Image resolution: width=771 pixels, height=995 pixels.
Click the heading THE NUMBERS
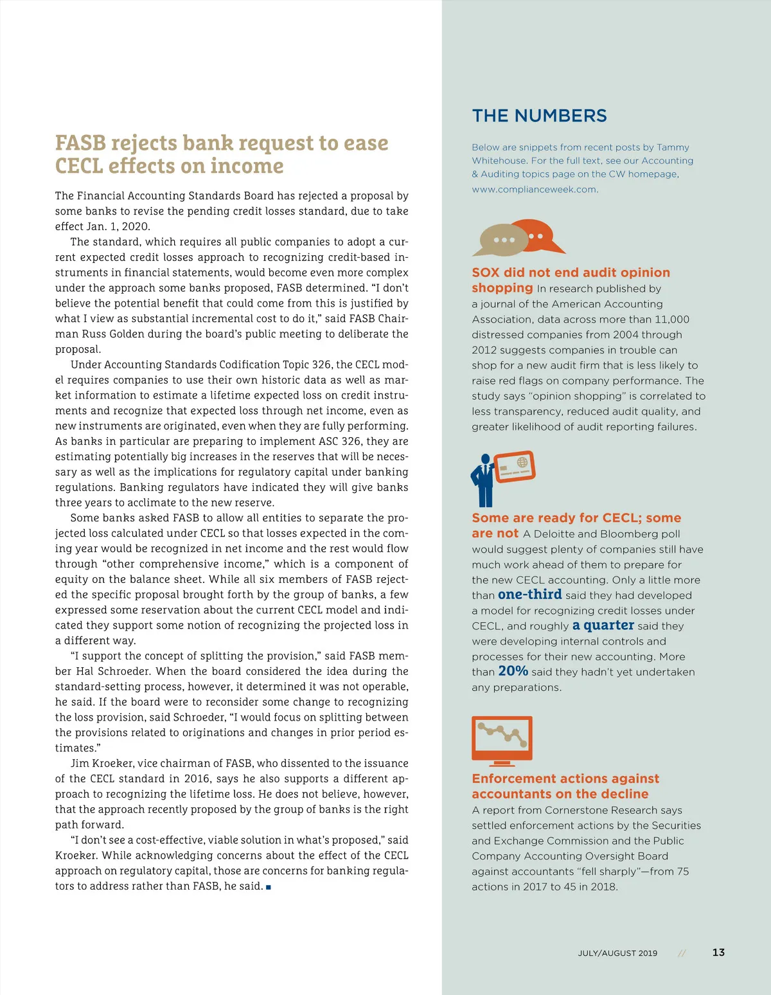coord(539,116)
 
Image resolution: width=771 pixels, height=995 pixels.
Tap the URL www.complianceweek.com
coord(535,190)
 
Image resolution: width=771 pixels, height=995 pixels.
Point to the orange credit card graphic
coord(515,467)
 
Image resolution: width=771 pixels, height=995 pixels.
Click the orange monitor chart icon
coord(502,740)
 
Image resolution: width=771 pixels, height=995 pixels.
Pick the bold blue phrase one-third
coord(529,595)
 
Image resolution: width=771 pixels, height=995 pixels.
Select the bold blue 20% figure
coord(513,671)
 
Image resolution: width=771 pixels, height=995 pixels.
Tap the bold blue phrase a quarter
coord(603,625)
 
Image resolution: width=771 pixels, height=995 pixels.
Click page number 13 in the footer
coord(718,953)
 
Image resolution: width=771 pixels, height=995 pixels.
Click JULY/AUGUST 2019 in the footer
coord(617,953)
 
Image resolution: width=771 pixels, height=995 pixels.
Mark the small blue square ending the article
coord(268,887)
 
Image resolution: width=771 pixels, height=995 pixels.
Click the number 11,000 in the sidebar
coord(671,319)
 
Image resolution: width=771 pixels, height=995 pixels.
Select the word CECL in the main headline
coord(79,166)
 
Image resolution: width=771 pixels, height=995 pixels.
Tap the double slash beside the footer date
coord(682,953)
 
